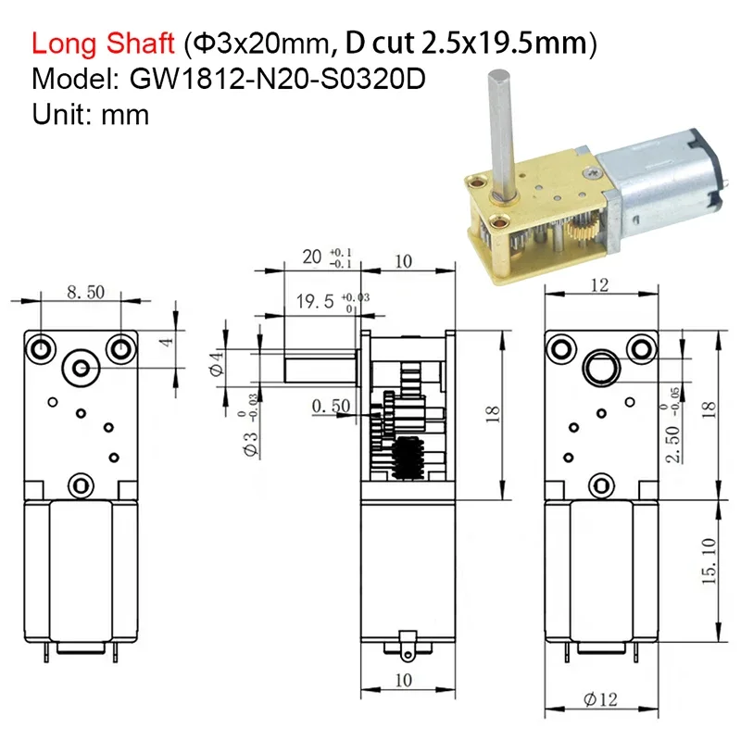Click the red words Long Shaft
[103, 44]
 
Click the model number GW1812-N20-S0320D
[277, 79]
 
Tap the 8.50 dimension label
[85, 292]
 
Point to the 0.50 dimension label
[332, 406]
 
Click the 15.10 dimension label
[709, 561]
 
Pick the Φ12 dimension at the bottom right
[600, 699]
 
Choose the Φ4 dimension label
[217, 363]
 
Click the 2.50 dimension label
[672, 444]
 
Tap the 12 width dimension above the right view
[599, 285]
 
